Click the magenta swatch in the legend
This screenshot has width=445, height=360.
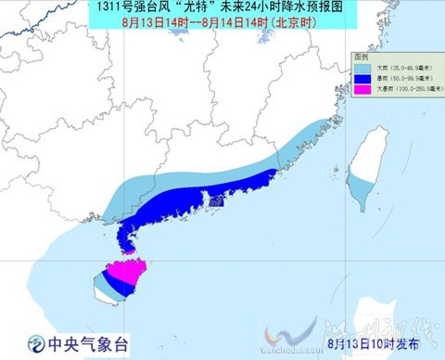[362, 90]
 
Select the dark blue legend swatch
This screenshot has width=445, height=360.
[362, 78]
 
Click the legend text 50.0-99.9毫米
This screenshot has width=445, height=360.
[404, 78]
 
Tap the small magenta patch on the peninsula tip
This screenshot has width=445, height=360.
[129, 249]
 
